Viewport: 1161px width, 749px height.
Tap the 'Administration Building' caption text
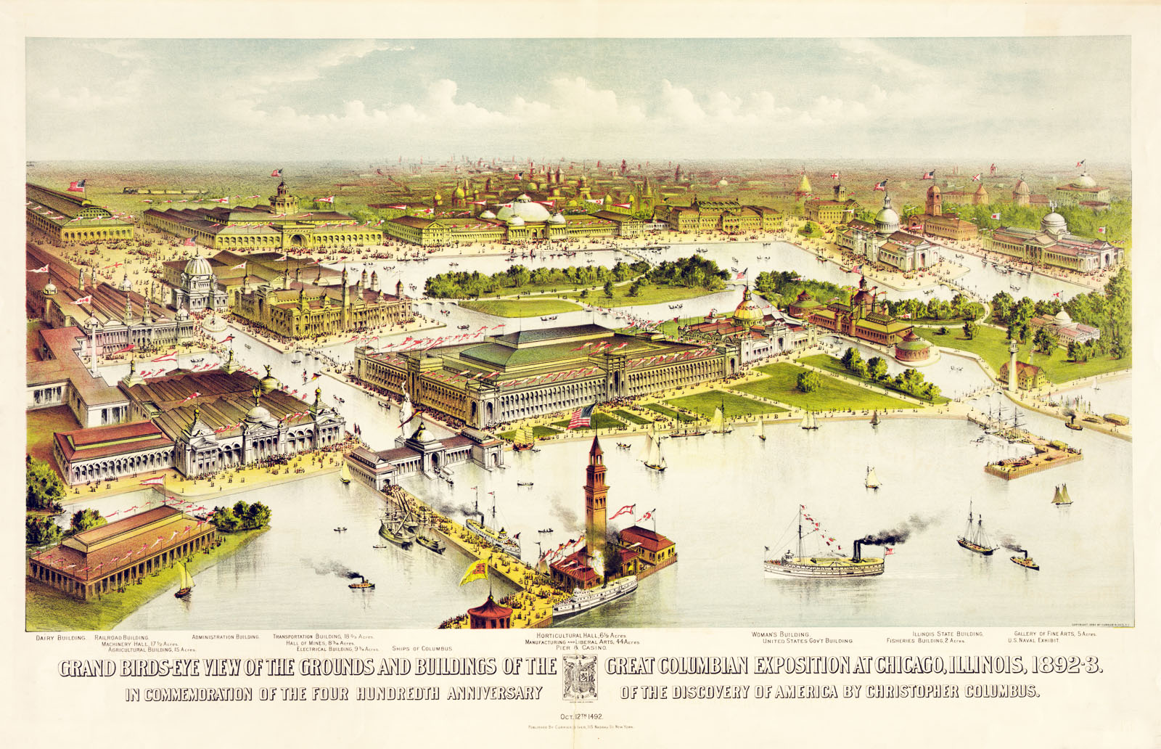point(225,637)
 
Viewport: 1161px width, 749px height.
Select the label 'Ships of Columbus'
point(422,648)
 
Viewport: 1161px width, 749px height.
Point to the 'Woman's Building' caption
point(780,634)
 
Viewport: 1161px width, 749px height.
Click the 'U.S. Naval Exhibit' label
point(1038,641)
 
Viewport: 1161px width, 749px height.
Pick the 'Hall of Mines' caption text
point(320,642)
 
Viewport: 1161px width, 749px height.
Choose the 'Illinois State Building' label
point(948,634)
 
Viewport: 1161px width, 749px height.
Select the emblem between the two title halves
point(580,676)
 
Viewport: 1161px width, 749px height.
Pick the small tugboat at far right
point(1024,562)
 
